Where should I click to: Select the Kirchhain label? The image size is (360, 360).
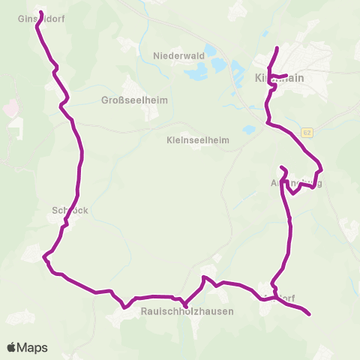pyautogui.click(x=279, y=77)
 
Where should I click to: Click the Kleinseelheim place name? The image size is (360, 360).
pyautogui.click(x=198, y=139)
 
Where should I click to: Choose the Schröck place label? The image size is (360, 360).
pyautogui.click(x=70, y=211)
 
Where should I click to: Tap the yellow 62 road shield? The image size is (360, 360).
pyautogui.click(x=307, y=133)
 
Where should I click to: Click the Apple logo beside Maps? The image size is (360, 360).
pyautogui.click(x=11, y=347)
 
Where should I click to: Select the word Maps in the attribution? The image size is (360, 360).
pyautogui.click(x=32, y=347)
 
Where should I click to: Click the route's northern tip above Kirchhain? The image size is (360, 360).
pyautogui.click(x=277, y=49)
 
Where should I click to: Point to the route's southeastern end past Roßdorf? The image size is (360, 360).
pyautogui.click(x=309, y=314)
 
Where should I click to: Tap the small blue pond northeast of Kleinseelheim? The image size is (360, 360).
pyautogui.click(x=247, y=130)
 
